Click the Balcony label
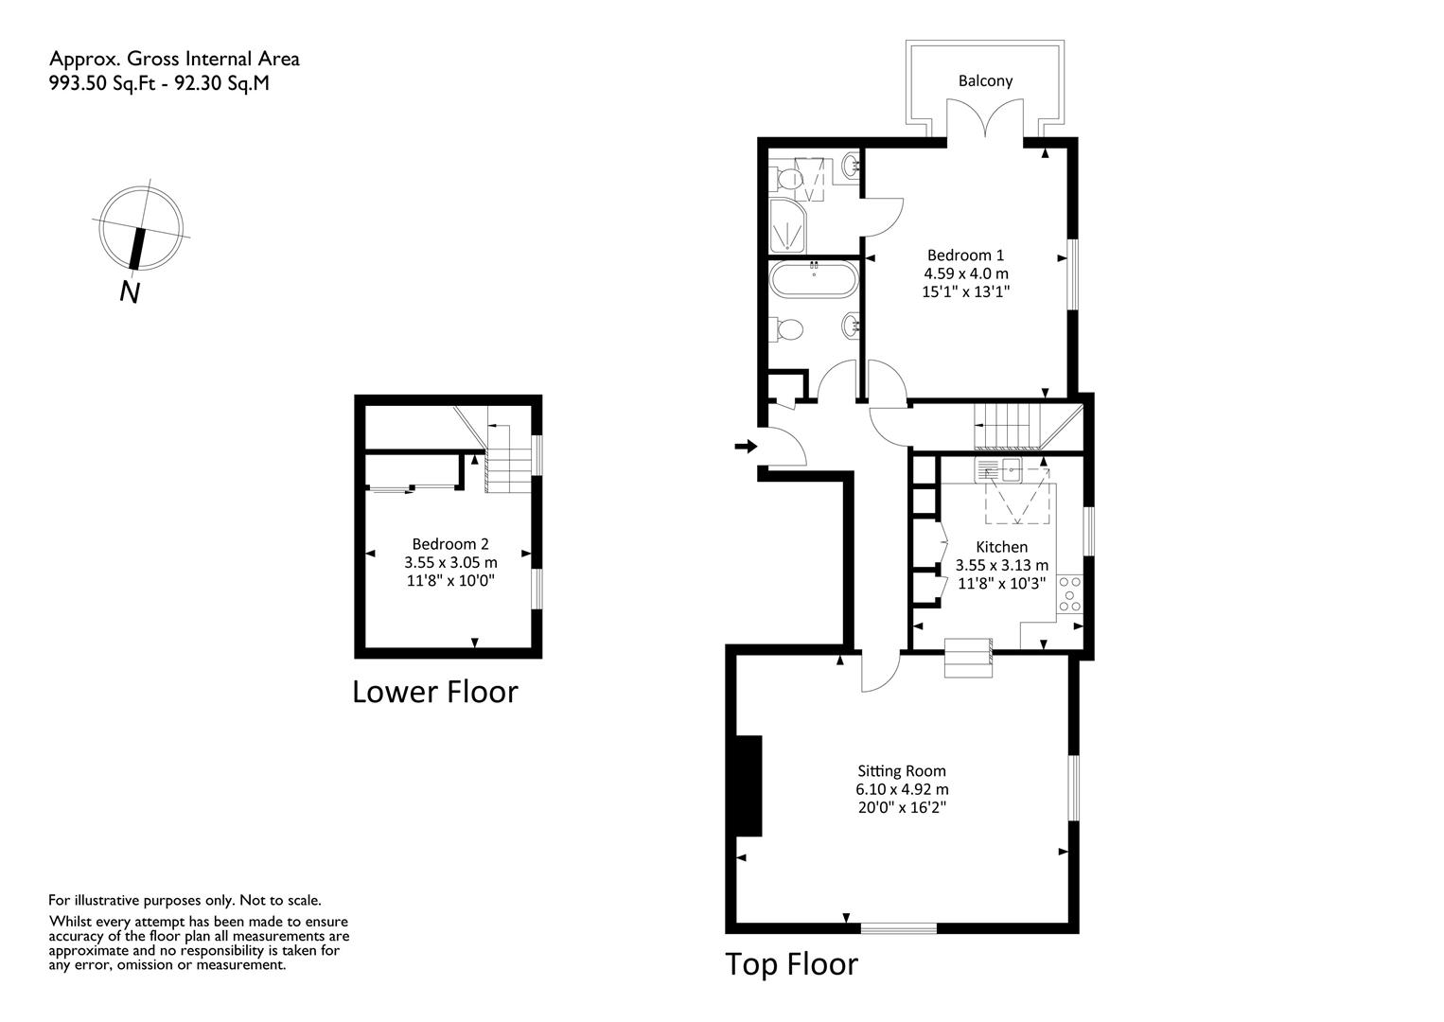[x=985, y=80]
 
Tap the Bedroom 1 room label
[x=965, y=255]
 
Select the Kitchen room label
[x=1001, y=547]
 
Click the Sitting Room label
[x=901, y=771]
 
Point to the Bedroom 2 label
[x=450, y=544]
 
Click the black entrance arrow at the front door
[x=746, y=446]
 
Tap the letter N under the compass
[x=130, y=292]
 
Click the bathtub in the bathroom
[x=814, y=278]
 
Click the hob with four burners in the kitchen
[x=1070, y=594]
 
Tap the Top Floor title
[x=792, y=964]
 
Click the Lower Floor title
[x=435, y=692]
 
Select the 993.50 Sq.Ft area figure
[x=102, y=83]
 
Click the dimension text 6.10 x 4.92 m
[x=902, y=789]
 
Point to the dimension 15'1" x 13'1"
[x=965, y=291]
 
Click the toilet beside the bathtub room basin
[x=785, y=329]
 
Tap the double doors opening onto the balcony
[x=985, y=118]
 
